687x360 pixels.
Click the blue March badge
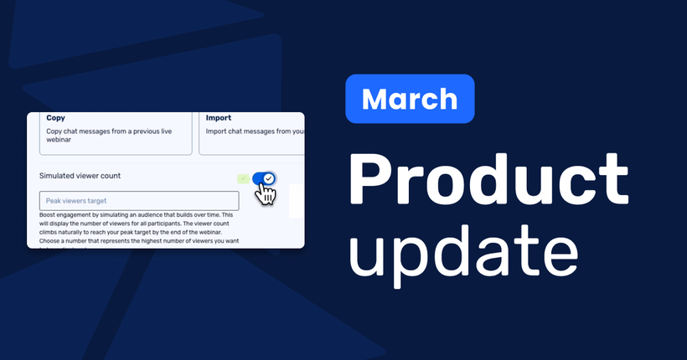[x=410, y=99]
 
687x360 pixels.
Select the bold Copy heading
[x=56, y=118]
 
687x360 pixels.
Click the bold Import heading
[x=219, y=118]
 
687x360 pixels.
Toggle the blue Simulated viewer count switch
[x=264, y=178]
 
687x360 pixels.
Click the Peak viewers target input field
[x=139, y=201]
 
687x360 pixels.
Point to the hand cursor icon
[x=266, y=194]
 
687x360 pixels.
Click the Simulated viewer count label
[x=80, y=176]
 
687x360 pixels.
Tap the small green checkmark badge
[x=242, y=178]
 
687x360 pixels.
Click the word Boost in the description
[x=50, y=215]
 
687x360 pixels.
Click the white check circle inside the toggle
[x=269, y=178]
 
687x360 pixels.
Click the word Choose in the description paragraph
[x=52, y=237]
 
